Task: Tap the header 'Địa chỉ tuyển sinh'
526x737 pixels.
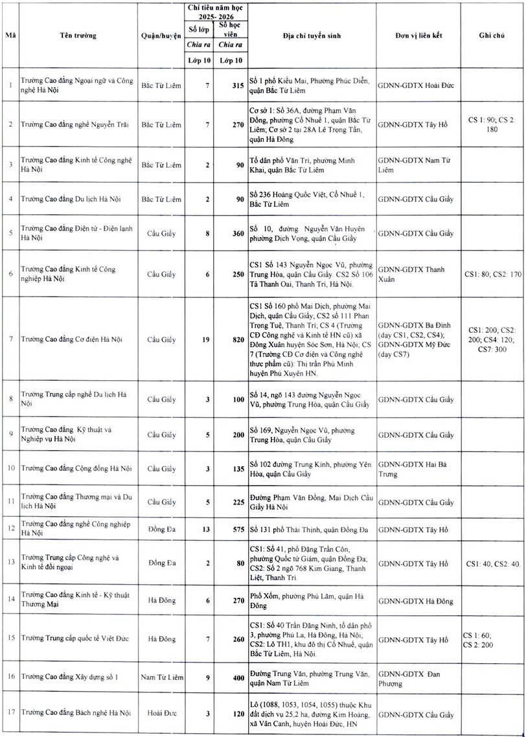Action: coord(312,35)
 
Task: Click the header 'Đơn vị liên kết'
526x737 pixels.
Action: coord(418,35)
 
